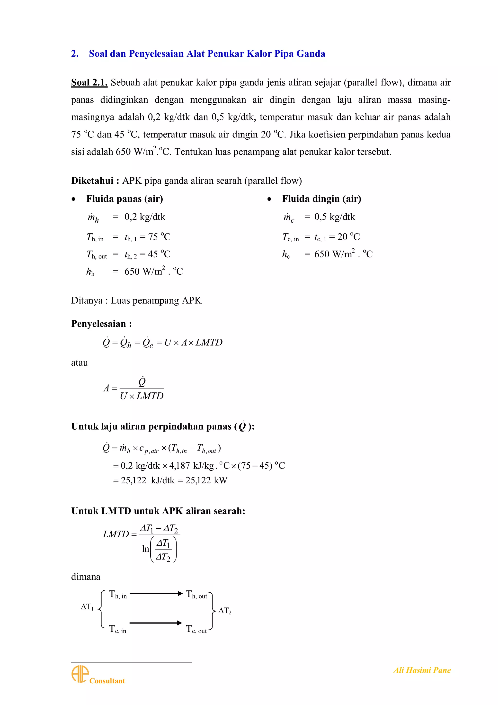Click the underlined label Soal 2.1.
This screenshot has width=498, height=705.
89,83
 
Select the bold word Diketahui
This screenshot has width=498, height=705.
92,181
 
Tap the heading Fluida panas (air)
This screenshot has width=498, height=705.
124,199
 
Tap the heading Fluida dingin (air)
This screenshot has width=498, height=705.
321,199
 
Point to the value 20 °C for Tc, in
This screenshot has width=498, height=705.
348,237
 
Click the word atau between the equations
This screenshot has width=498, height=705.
80,363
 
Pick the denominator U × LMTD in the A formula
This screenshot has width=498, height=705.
142,396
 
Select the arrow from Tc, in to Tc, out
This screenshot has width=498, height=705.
156,623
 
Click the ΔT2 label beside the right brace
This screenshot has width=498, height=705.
225,611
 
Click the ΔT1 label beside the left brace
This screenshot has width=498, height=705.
87,607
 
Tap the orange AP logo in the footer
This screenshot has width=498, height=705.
80,674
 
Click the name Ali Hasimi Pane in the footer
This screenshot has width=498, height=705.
422,670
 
